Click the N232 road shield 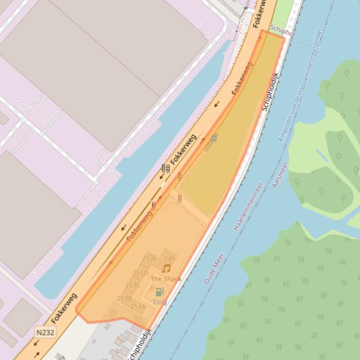tap(45, 332)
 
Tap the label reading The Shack tap(166, 279)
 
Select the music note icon tap(166, 268)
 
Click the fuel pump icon tap(160, 292)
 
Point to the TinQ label tap(160, 302)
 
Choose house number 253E tap(149, 258)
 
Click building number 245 tap(169, 259)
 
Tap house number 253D tap(140, 273)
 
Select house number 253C tap(132, 285)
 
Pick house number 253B tap(125, 298)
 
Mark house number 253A tap(138, 307)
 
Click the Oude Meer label tap(213, 268)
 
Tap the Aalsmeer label tap(280, 175)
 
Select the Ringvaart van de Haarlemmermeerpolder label tap(300, 85)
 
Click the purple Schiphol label tap(282, 33)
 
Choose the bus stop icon tap(214, 138)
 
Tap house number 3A tap(61, 357)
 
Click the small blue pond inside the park tap(322, 156)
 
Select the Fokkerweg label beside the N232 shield tap(65, 308)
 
